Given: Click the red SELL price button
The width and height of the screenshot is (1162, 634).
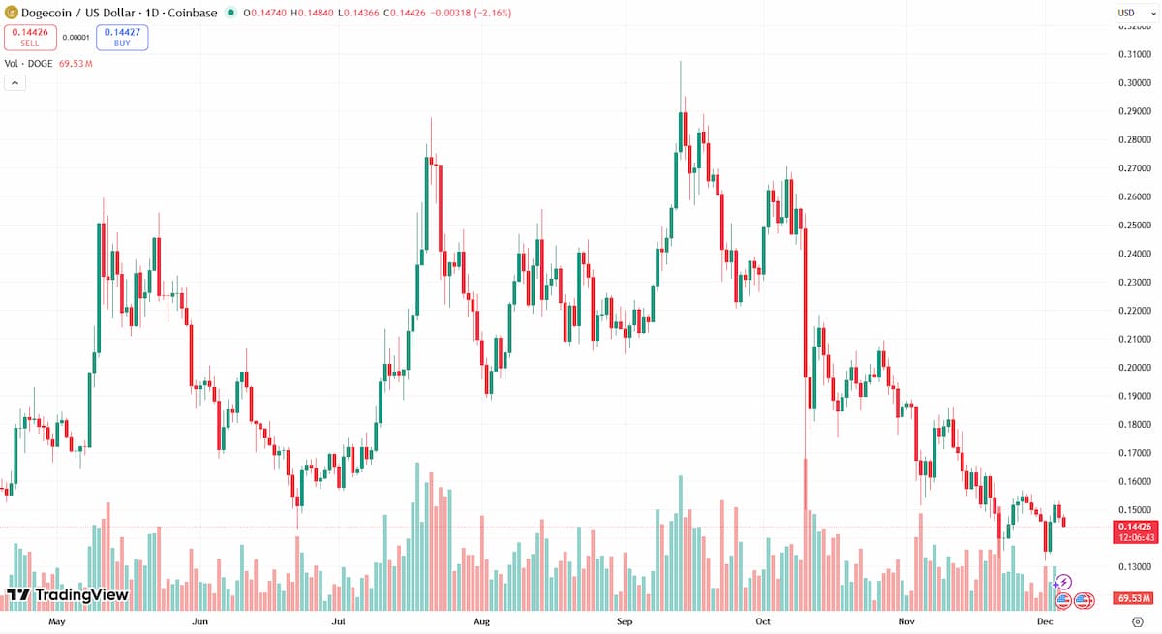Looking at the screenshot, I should (x=29, y=38).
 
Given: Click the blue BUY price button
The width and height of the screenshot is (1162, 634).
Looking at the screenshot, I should (x=122, y=38).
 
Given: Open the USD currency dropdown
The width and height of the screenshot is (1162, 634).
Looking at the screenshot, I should (x=1131, y=13).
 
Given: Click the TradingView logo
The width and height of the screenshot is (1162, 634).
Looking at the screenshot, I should (x=67, y=594).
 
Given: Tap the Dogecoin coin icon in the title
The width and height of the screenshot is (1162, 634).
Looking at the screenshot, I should (x=13, y=13).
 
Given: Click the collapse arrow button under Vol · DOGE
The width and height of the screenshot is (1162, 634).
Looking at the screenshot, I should (x=15, y=83).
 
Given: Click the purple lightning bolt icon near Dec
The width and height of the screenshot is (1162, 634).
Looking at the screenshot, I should (x=1064, y=582).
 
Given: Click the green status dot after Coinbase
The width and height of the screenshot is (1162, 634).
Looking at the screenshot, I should (x=229, y=14).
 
